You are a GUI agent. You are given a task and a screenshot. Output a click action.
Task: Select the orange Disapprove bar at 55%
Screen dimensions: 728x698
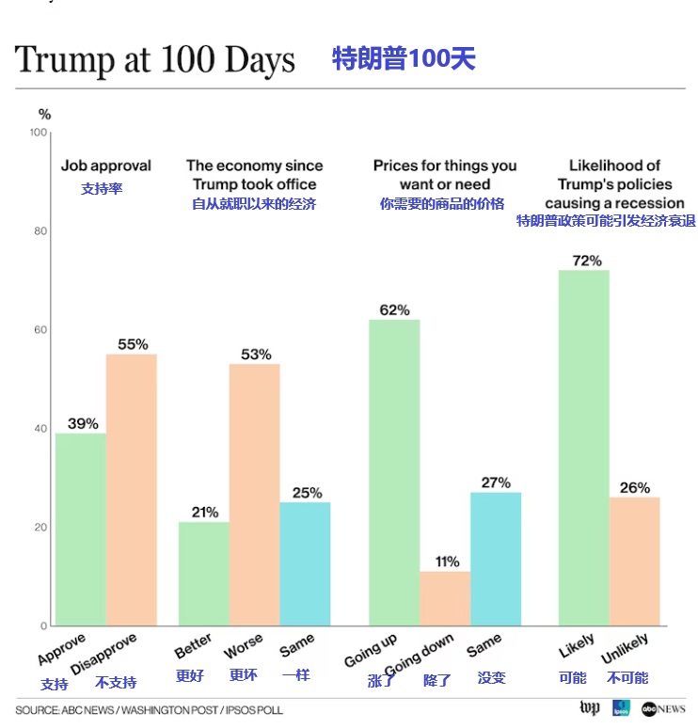131,489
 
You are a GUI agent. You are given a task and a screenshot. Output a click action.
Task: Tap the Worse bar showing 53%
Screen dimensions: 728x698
254,494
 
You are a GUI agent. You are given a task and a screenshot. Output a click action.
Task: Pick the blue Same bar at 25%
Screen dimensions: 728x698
305,563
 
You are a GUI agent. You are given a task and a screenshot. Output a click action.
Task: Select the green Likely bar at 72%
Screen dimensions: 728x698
583,448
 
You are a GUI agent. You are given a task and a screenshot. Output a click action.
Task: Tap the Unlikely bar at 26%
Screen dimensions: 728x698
634,561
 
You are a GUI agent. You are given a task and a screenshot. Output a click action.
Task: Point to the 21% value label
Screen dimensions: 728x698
204,512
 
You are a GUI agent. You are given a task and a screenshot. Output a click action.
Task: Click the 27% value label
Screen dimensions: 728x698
496,483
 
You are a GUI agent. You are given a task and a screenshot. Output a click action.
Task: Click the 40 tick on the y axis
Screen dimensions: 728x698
40,429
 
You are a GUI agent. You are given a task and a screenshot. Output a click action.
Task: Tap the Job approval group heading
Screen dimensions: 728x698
105,166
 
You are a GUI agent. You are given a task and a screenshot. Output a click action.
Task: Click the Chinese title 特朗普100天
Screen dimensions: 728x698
404,59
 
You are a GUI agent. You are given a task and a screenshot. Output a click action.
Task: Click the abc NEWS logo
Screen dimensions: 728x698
662,708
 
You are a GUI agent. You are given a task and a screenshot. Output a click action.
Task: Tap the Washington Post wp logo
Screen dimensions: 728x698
589,708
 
